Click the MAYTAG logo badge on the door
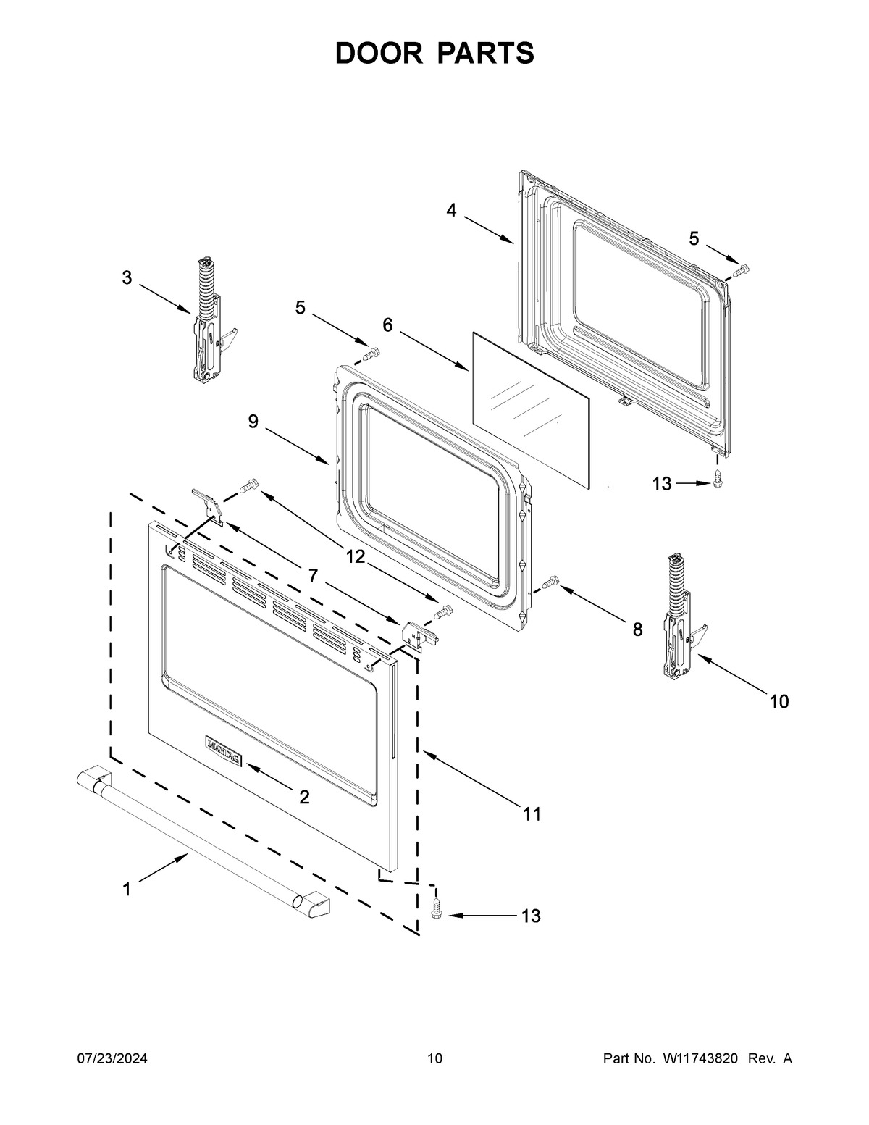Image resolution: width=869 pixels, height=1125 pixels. tap(224, 750)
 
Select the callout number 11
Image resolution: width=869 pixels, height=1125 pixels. tap(532, 814)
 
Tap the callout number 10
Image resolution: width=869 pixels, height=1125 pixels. tap(779, 701)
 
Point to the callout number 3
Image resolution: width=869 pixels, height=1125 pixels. tap(127, 277)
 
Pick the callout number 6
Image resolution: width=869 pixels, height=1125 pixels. tap(387, 325)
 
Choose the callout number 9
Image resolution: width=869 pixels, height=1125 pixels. tap(253, 422)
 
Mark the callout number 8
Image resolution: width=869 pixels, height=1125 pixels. tap(637, 630)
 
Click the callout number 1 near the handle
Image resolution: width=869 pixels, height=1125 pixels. tap(127, 889)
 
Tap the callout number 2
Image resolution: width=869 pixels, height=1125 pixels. tap(304, 797)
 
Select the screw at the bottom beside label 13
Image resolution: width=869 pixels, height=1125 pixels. tap(437, 908)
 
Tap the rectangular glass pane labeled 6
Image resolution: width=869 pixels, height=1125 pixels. tap(530, 410)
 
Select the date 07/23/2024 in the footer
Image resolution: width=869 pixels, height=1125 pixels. tap(112, 1059)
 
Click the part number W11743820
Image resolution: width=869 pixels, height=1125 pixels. tap(700, 1059)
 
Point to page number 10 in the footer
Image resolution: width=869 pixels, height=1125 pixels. tap(434, 1059)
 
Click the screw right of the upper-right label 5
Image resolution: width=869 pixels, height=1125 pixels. tap(739, 271)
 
